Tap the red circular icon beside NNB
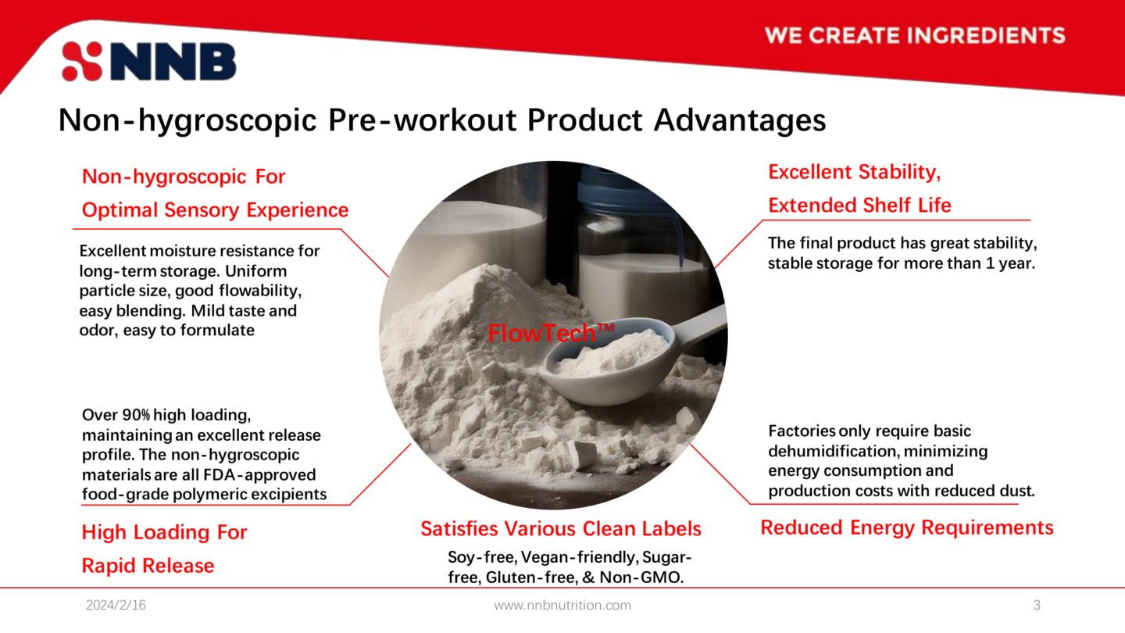point(82,62)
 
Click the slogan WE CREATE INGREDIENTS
point(915,35)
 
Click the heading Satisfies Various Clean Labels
point(561,529)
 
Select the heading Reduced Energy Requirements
point(906,527)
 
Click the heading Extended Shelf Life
point(859,206)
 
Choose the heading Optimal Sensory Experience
point(215,210)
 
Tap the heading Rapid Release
point(148,566)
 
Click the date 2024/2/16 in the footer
point(116,605)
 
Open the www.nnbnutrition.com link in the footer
point(562,605)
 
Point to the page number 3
point(1037,605)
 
